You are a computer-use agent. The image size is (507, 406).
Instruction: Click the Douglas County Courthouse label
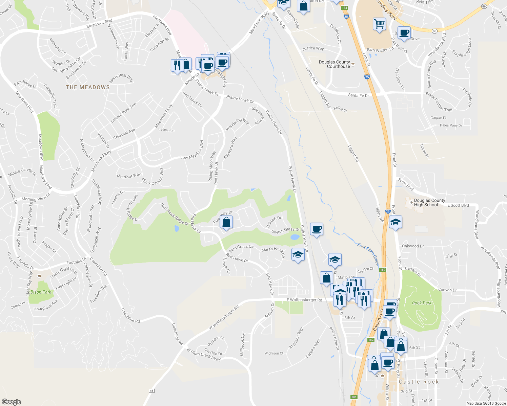point(334,64)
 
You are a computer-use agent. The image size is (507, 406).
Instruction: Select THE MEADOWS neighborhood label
point(88,87)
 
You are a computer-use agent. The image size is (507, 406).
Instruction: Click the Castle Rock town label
point(419,382)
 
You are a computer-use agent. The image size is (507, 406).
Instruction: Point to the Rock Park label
point(422,303)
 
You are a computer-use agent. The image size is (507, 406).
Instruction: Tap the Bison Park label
point(41,292)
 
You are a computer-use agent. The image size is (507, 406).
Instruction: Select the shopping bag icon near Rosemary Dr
point(226,223)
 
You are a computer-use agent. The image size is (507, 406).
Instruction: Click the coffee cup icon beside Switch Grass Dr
point(317,229)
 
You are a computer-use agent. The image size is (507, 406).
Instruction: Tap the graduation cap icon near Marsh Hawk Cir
point(298,255)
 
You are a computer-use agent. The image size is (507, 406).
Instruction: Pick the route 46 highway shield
point(151,391)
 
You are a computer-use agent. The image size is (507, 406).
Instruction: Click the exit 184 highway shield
point(344,8)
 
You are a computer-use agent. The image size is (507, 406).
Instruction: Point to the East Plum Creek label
point(368,253)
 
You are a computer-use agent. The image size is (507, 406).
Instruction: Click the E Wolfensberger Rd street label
point(304,300)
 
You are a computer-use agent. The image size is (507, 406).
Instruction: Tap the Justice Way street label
point(313,48)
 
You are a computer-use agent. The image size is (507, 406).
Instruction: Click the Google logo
point(11,402)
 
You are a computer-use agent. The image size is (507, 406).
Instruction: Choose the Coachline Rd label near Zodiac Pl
point(130,315)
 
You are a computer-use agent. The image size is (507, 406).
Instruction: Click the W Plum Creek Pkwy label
point(204,354)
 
